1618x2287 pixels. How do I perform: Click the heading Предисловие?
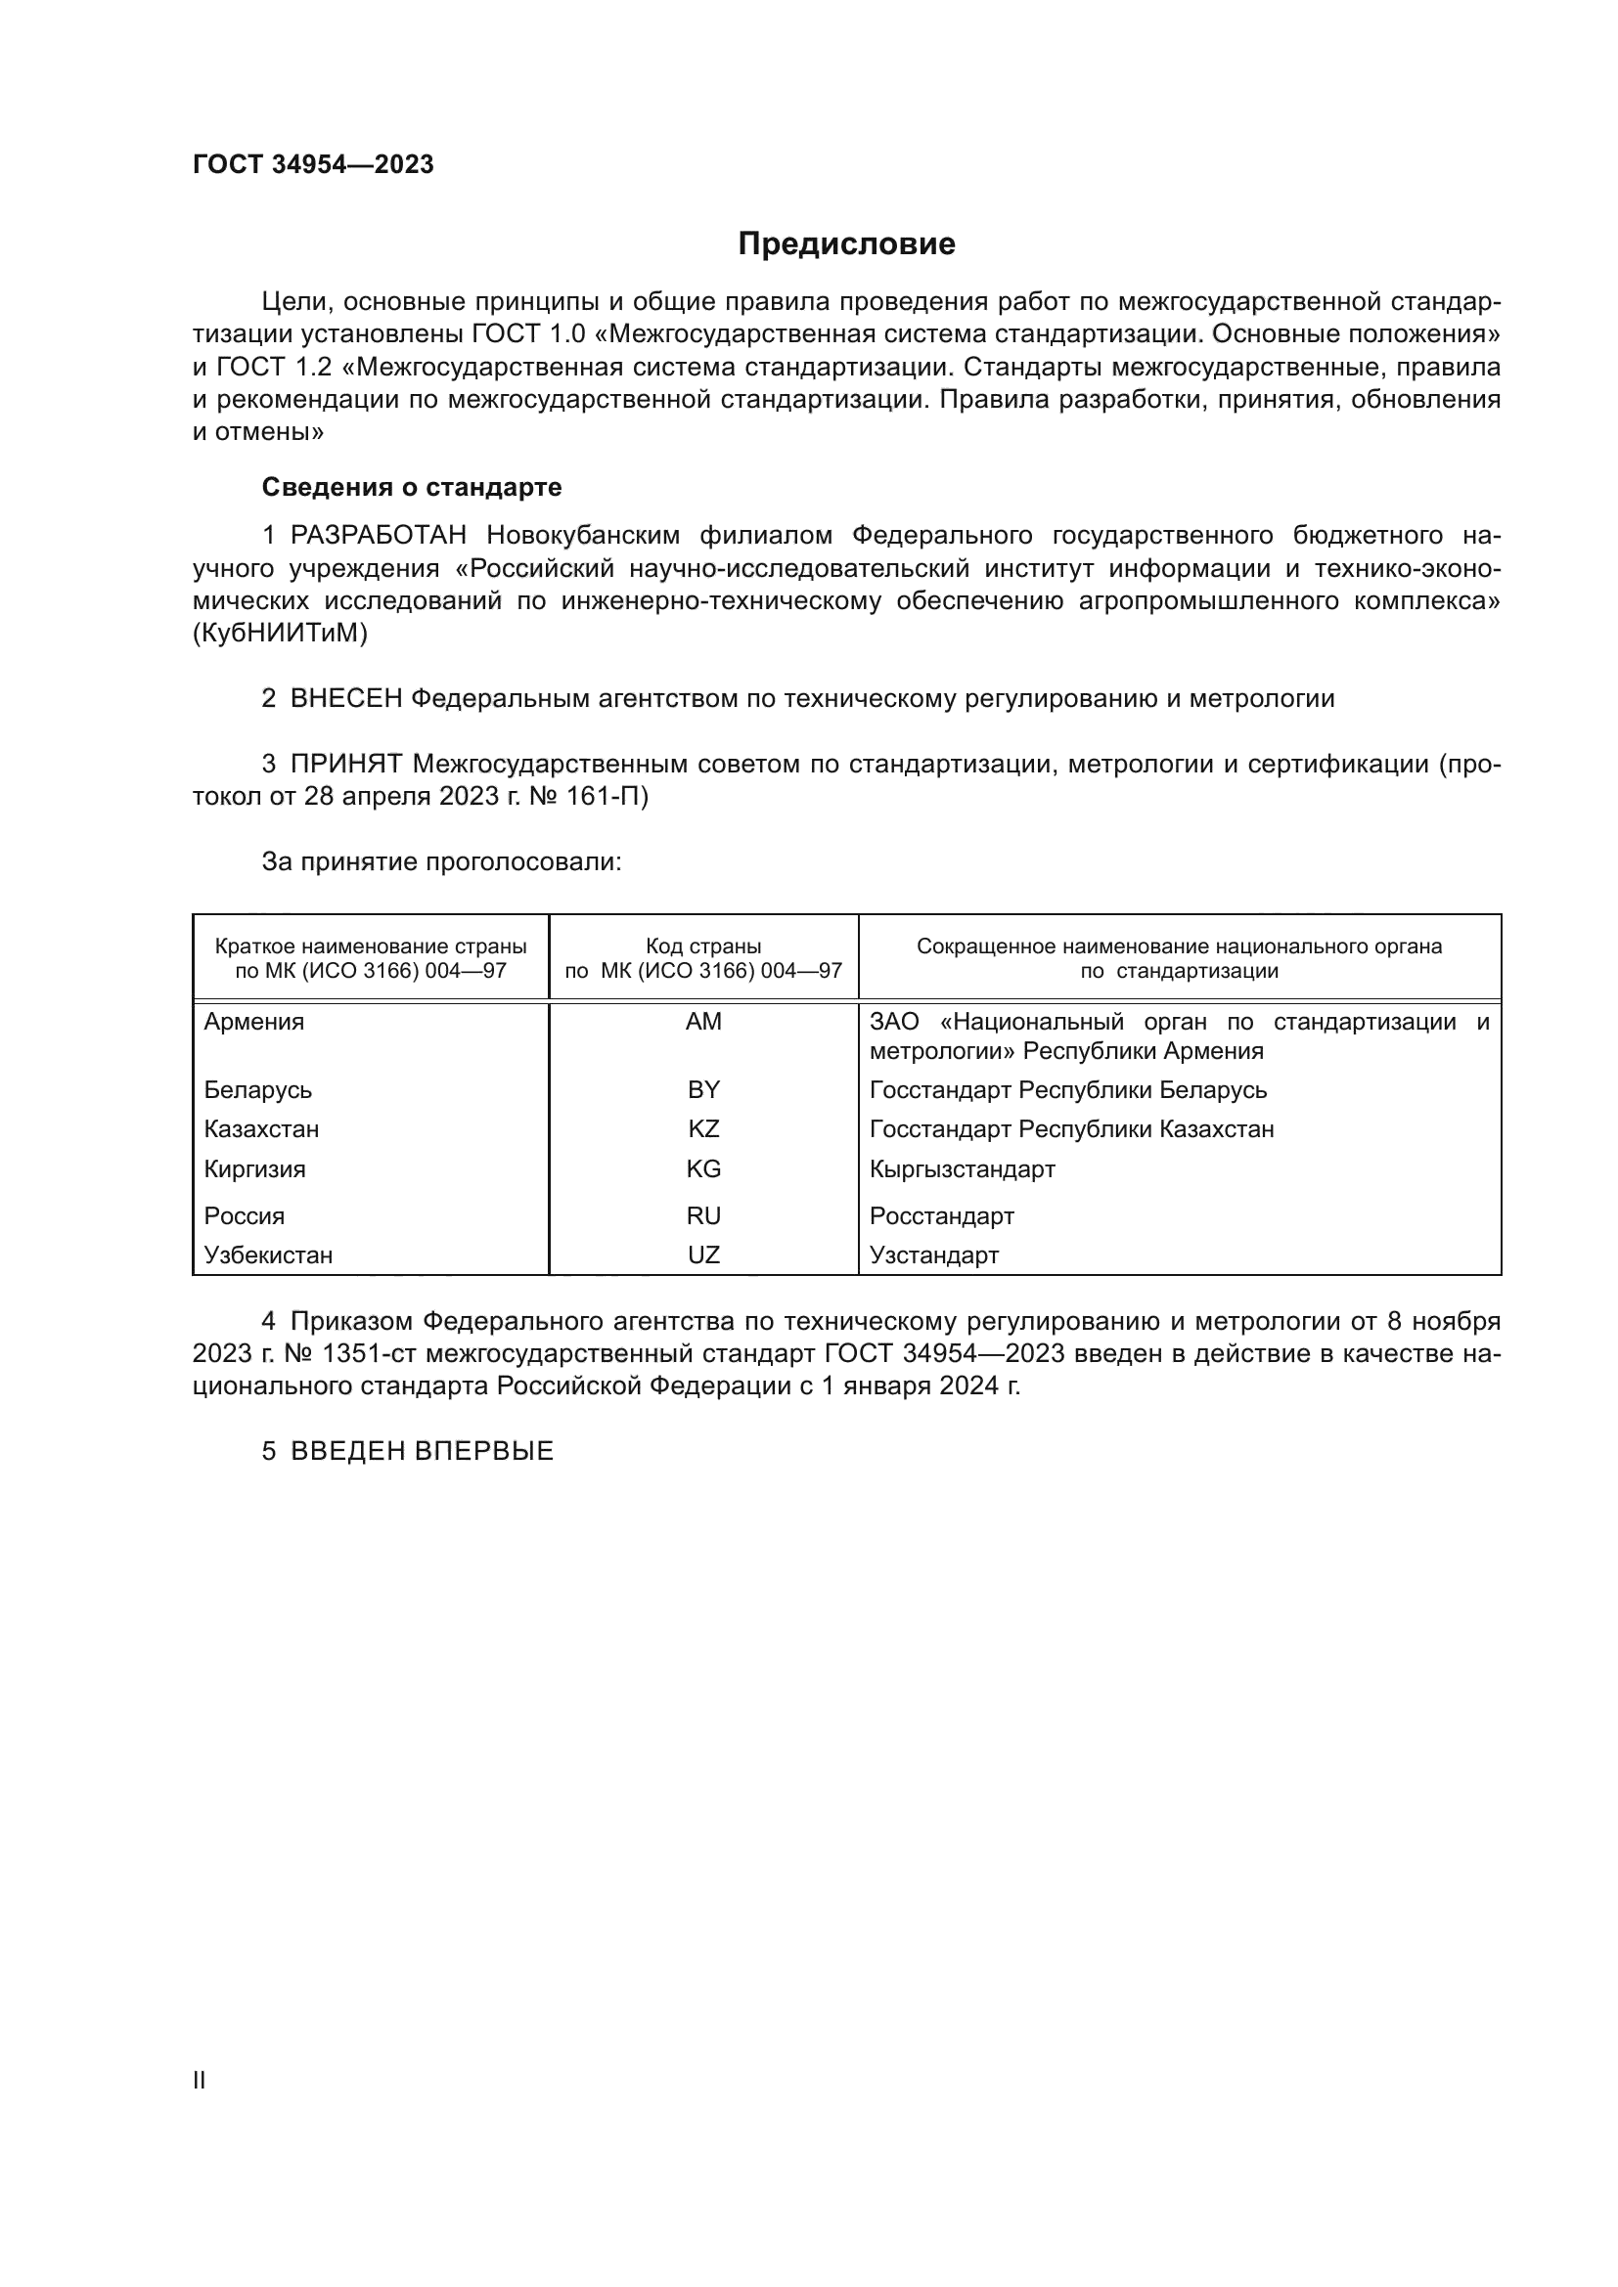pyautogui.click(x=846, y=244)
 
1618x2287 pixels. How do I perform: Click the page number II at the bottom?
pyautogui.click(x=200, y=2080)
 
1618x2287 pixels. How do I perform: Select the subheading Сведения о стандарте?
pyautogui.click(x=412, y=487)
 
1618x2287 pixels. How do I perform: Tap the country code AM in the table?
pyautogui.click(x=703, y=1022)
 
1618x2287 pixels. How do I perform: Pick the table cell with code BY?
pyautogui.click(x=703, y=1089)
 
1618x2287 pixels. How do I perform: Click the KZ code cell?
pyautogui.click(x=703, y=1129)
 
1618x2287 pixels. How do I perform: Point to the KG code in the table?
pyautogui.click(x=703, y=1169)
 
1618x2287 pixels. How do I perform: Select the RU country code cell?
pyautogui.click(x=703, y=1216)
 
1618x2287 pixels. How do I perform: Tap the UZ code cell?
pyautogui.click(x=703, y=1255)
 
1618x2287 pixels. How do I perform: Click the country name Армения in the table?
pyautogui.click(x=254, y=1022)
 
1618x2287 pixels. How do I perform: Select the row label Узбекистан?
pyautogui.click(x=268, y=1255)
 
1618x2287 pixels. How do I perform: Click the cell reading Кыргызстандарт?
pyautogui.click(x=962, y=1169)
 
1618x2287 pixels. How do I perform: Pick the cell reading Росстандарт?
pyautogui.click(x=941, y=1216)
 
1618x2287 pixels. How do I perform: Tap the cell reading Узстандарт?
pyautogui.click(x=933, y=1255)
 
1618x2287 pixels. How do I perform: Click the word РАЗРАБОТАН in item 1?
pyautogui.click(x=378, y=536)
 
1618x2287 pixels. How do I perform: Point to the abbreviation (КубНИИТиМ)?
pyautogui.click(x=280, y=634)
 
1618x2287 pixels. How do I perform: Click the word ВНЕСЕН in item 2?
pyautogui.click(x=345, y=699)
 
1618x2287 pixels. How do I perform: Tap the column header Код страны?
pyautogui.click(x=703, y=946)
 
